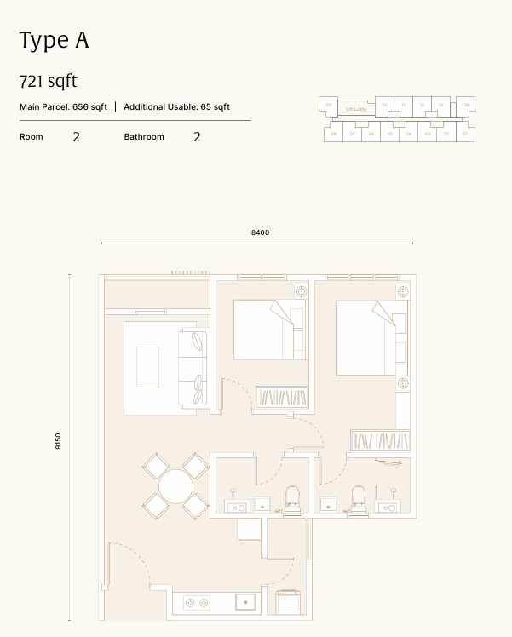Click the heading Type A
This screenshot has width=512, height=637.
tap(54, 40)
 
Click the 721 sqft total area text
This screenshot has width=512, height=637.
tap(48, 82)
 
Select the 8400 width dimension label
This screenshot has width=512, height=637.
tap(260, 232)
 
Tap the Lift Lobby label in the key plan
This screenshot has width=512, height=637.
tap(355, 108)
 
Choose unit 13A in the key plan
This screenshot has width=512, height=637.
tap(465, 106)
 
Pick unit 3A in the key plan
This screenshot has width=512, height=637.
tap(408, 134)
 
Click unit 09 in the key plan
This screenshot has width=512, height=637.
tap(328, 105)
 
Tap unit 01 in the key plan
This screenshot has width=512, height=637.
tap(465, 134)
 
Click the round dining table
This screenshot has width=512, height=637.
tap(175, 486)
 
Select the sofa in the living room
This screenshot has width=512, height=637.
tap(193, 368)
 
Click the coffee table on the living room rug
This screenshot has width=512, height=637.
tap(147, 366)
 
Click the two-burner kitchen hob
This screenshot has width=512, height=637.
tap(198, 602)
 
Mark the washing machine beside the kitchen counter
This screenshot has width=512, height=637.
tap(285, 600)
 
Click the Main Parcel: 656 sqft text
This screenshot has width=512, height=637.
tap(63, 107)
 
